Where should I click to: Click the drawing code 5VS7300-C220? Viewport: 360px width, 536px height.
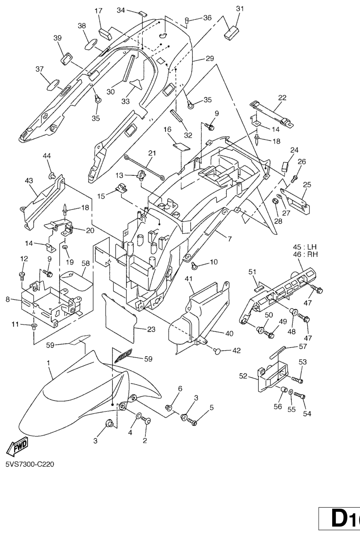click(x=30, y=464)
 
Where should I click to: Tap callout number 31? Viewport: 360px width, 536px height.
click(x=240, y=9)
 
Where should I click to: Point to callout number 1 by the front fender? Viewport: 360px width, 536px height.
click(x=48, y=363)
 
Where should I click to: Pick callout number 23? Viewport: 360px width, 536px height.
click(x=151, y=330)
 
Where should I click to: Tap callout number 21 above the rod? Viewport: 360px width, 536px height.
click(x=152, y=153)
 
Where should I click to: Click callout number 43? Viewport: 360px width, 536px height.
click(x=29, y=181)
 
